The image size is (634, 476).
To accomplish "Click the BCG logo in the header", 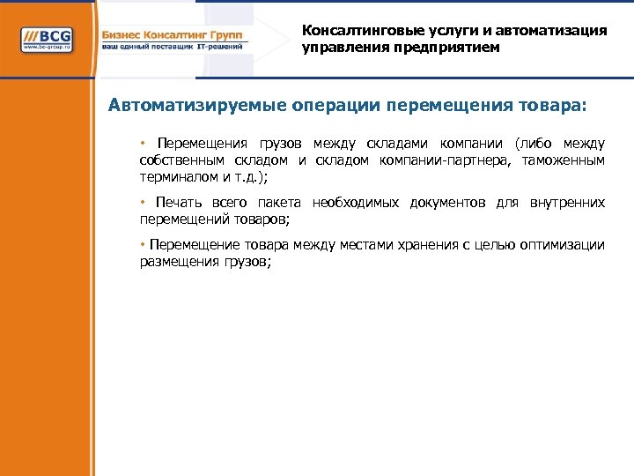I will pos(48,41).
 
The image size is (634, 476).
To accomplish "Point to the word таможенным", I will pos(564,160).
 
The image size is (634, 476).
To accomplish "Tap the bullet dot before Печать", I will pos(143,202).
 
